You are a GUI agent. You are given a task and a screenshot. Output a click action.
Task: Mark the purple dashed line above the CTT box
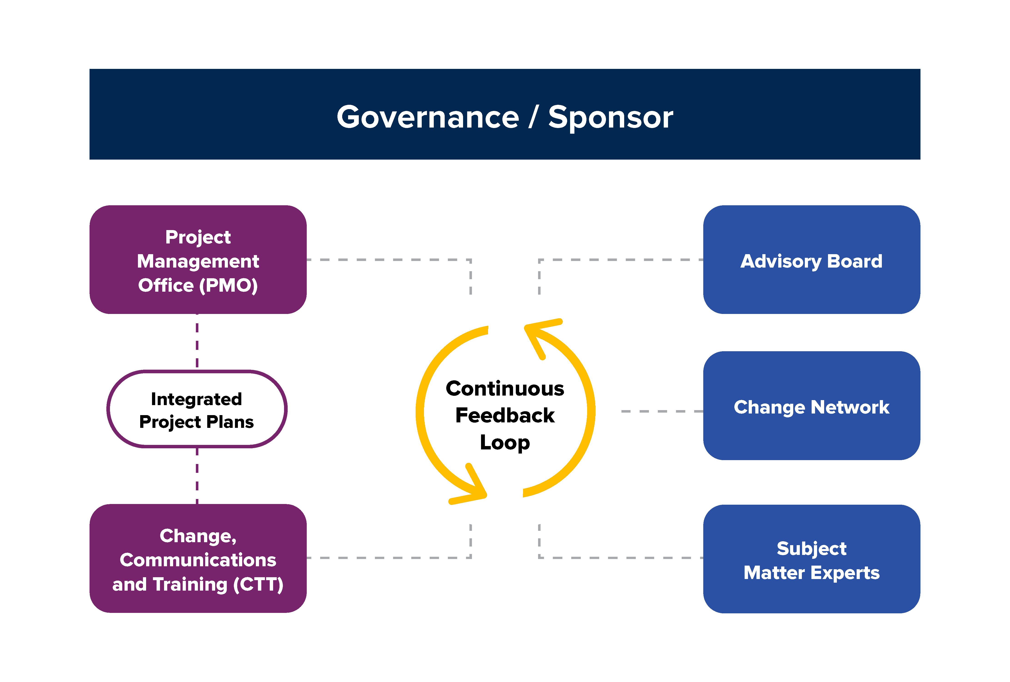coord(197,476)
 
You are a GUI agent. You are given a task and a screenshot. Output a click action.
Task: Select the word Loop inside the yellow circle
coord(505,442)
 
